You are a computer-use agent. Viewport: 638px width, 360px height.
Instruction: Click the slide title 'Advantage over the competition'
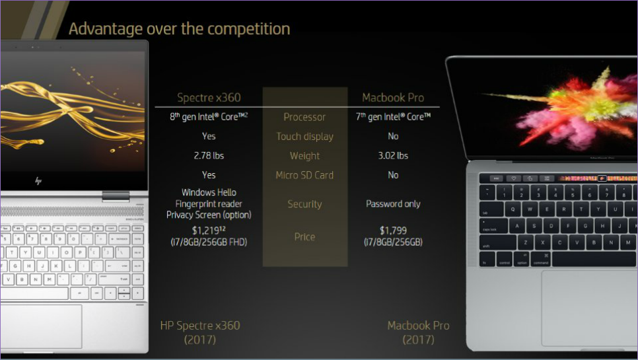click(x=180, y=29)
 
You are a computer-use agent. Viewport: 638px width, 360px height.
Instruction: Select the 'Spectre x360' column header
click(x=209, y=98)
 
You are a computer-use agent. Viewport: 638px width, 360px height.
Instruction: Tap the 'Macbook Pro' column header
click(x=393, y=98)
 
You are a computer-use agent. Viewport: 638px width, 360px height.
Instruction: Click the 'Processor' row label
click(x=304, y=117)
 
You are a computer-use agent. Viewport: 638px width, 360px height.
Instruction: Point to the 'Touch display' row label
click(x=304, y=137)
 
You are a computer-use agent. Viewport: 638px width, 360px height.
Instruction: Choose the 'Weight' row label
click(x=304, y=156)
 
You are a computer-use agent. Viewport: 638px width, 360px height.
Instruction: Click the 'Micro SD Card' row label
click(x=304, y=175)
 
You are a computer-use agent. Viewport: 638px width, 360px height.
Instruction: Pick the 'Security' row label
click(x=304, y=204)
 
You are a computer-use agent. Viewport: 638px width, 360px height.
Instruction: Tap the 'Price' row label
click(x=304, y=236)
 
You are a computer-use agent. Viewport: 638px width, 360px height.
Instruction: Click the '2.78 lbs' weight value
click(x=209, y=155)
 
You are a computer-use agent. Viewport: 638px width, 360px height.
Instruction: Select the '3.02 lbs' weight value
click(x=393, y=155)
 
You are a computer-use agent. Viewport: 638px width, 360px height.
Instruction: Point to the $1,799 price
click(x=393, y=231)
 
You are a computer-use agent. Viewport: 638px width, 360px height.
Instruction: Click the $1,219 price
click(x=209, y=231)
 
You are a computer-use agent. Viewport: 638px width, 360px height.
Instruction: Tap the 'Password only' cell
click(x=393, y=204)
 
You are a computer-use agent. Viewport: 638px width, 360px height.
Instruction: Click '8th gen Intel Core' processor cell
click(x=209, y=117)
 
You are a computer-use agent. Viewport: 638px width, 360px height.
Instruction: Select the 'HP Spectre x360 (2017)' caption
click(x=200, y=332)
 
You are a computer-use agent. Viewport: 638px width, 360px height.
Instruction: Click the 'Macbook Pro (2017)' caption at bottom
click(x=418, y=332)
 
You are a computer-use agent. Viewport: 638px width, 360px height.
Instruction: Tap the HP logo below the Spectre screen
click(x=38, y=180)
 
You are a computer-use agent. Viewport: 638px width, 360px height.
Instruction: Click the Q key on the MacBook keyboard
click(x=513, y=209)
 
